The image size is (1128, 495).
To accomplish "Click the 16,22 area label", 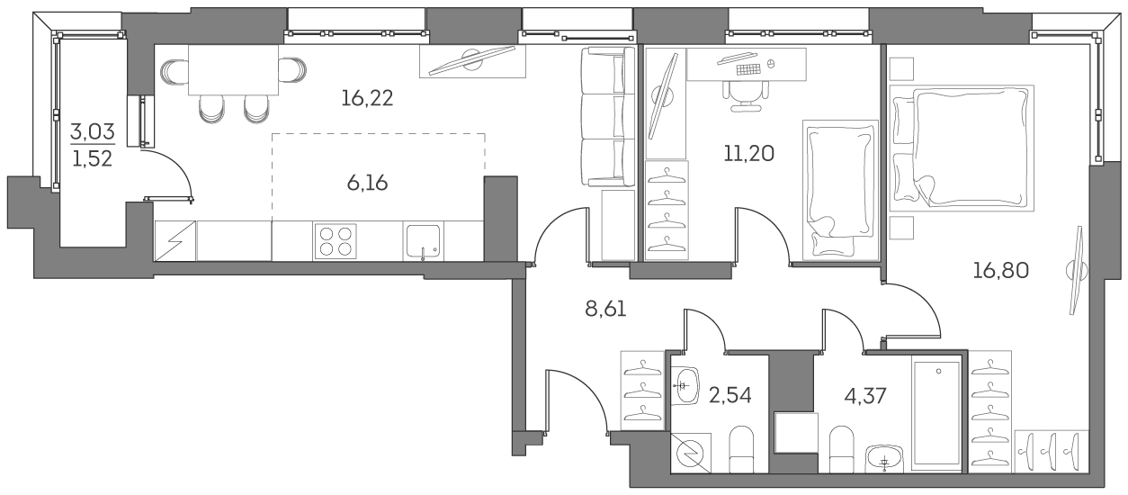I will [367, 98].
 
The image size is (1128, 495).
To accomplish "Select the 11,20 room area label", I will [748, 153].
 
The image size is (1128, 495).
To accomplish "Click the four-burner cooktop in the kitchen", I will [335, 240].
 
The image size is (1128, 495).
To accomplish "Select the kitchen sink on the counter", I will [423, 241].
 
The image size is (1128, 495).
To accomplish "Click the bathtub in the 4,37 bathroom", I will [937, 412].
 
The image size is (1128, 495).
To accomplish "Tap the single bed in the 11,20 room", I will [840, 189].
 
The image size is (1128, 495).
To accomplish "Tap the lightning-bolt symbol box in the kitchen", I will [175, 241].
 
